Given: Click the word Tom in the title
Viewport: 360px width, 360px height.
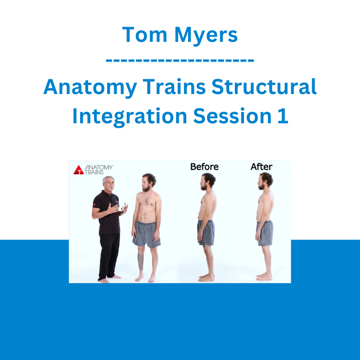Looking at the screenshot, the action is click(144, 35).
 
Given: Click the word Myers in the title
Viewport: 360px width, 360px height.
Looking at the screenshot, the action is click(206, 36).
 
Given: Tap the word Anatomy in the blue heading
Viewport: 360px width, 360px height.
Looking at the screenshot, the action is click(90, 88).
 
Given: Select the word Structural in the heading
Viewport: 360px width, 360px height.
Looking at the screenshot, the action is click(264, 86).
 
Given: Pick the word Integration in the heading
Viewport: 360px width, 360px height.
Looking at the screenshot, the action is click(130, 117).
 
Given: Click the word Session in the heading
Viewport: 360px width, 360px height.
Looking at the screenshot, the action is click(232, 116).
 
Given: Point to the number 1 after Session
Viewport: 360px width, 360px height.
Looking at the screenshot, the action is click(283, 116).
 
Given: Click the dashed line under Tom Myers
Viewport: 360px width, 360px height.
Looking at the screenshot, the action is click(180, 60).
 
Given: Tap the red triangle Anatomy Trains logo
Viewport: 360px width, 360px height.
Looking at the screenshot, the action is click(78, 170).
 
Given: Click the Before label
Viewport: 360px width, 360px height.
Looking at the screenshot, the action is click(204, 166).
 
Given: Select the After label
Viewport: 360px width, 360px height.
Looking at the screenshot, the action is click(261, 166).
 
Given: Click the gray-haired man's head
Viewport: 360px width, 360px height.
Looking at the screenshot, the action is click(108, 183).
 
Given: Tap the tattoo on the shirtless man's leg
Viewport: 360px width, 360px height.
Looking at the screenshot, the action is click(140, 261).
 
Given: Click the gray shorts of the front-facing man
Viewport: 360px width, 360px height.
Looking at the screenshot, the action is click(146, 234).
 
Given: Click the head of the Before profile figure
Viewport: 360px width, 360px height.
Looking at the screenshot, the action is click(207, 181).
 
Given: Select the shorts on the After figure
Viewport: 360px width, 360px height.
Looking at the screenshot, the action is click(265, 233).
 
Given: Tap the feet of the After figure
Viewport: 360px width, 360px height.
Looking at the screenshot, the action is click(264, 276).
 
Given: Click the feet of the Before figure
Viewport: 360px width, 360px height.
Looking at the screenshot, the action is click(206, 277).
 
